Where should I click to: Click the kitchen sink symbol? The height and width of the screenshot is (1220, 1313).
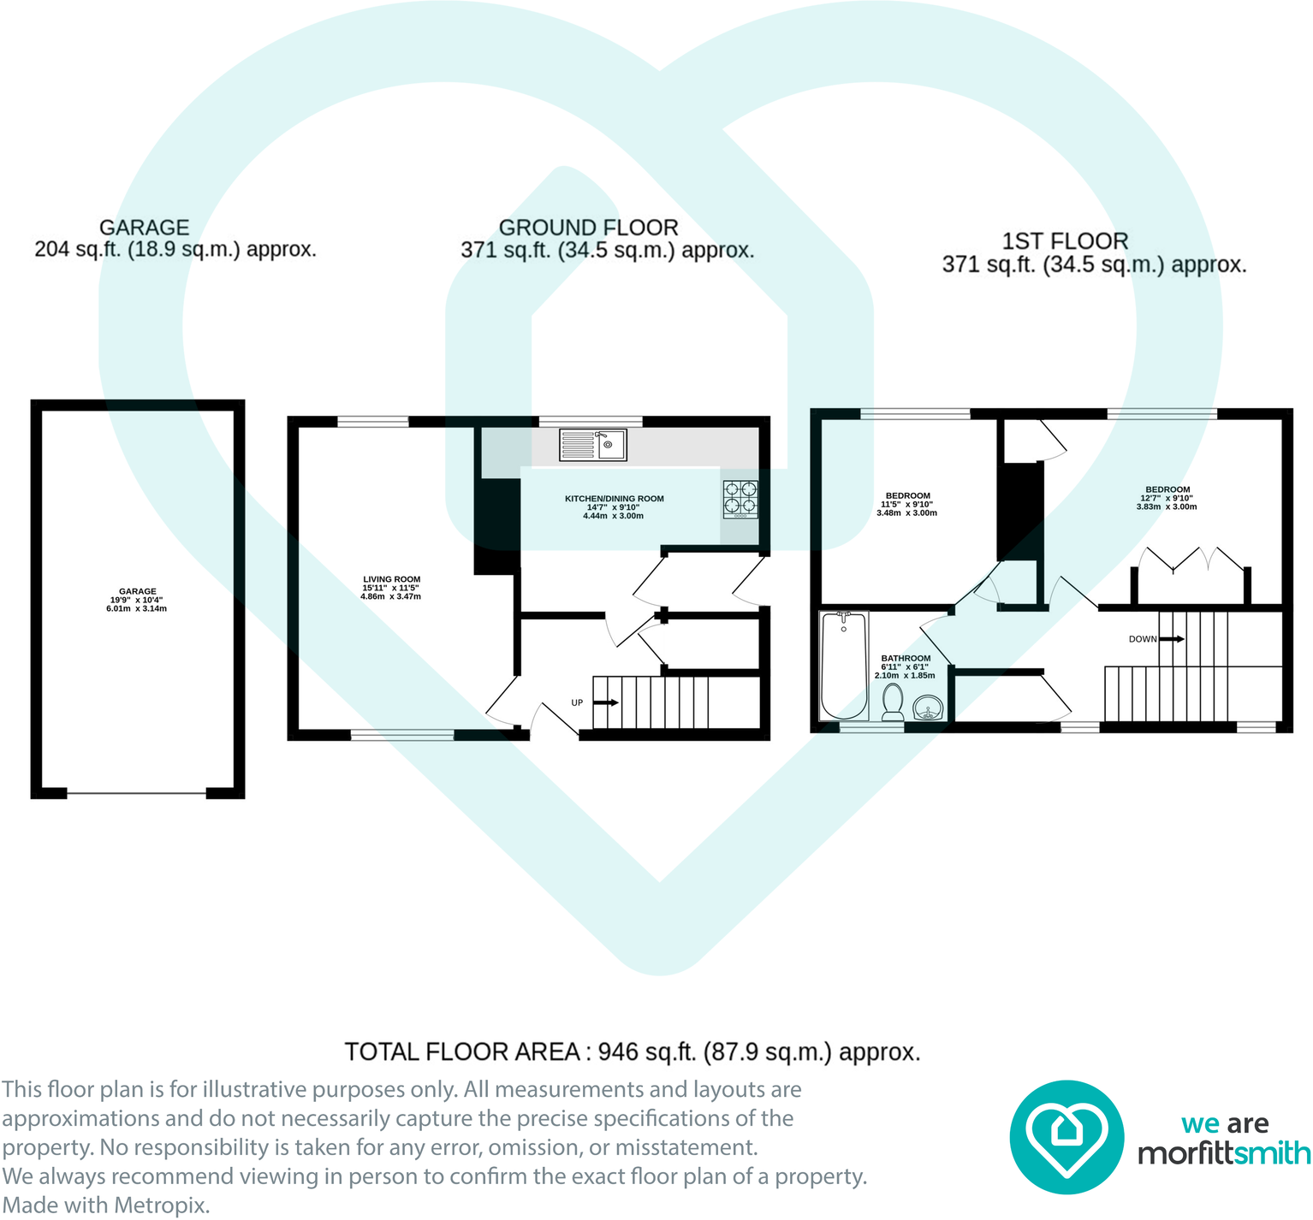(x=593, y=445)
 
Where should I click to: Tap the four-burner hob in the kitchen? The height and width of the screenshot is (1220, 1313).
(x=741, y=500)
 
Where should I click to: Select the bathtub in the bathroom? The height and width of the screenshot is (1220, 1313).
(x=844, y=666)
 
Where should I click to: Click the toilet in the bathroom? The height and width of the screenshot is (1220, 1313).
(x=893, y=702)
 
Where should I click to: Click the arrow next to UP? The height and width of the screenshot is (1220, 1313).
(x=607, y=702)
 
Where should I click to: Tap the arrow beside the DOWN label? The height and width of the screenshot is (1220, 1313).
(x=1173, y=639)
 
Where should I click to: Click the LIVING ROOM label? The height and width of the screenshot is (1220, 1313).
(x=392, y=579)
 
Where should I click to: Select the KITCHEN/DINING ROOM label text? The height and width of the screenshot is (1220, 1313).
(x=615, y=499)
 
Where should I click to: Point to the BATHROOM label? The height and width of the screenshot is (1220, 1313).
(x=906, y=659)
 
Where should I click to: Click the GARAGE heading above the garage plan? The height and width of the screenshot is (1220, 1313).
(x=144, y=228)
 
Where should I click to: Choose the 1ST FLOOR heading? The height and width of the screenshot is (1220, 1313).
(x=1066, y=241)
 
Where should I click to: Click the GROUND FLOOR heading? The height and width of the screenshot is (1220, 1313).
(x=589, y=228)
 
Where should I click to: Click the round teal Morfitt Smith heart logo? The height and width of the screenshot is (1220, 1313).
(x=1066, y=1137)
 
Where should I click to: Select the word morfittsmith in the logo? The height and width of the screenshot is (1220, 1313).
(x=1224, y=1153)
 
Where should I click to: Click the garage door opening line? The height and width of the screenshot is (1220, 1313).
(x=137, y=793)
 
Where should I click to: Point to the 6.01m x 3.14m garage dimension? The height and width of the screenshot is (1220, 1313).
(x=137, y=609)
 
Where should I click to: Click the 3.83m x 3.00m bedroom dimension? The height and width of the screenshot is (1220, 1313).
(x=1167, y=506)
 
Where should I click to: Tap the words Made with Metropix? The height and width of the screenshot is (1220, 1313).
(x=105, y=1205)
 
